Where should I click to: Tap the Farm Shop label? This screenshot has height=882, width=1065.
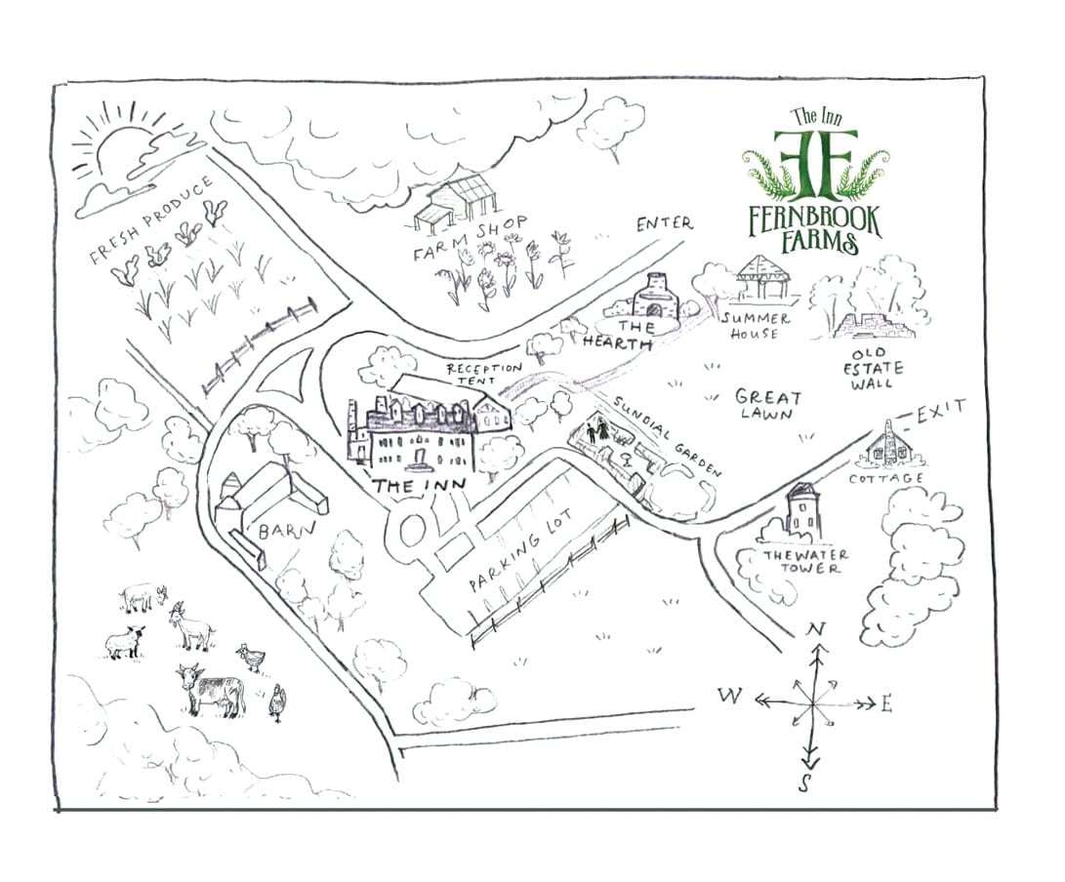(x=471, y=239)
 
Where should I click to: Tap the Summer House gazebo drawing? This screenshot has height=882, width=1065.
(x=762, y=281)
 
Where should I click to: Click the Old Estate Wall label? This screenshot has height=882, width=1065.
(x=877, y=369)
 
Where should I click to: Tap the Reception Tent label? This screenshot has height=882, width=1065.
(x=484, y=374)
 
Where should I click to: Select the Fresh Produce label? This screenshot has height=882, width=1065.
(x=151, y=221)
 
